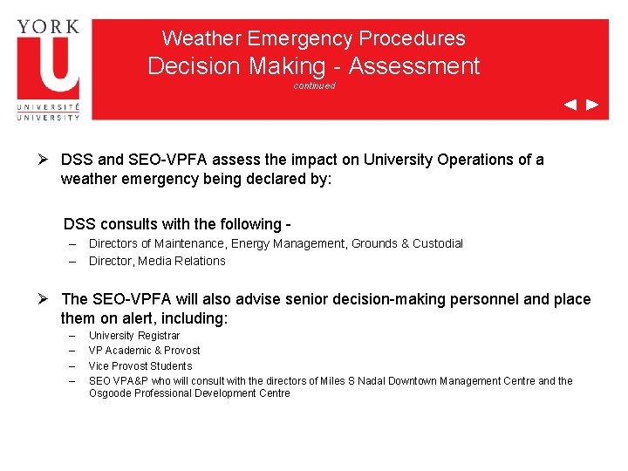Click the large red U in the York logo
48,65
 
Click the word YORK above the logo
48,25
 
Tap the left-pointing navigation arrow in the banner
570,105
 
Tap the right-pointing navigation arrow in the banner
592,105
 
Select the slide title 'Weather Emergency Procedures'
314,38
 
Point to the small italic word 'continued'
314,85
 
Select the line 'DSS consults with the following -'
176,223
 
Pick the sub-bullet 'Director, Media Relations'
157,261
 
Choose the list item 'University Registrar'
134,336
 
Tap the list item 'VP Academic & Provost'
145,351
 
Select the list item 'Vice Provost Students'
140,366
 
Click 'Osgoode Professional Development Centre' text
189,393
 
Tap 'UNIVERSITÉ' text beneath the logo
48,106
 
